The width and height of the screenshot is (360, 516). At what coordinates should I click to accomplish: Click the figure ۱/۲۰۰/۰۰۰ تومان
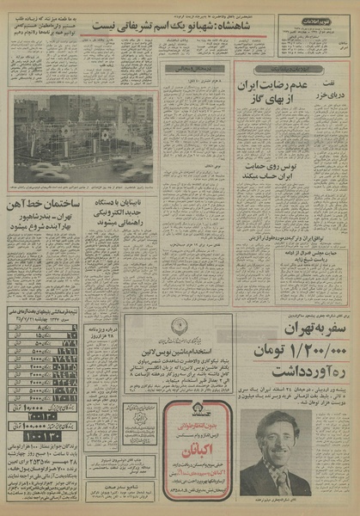pos(292,355)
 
